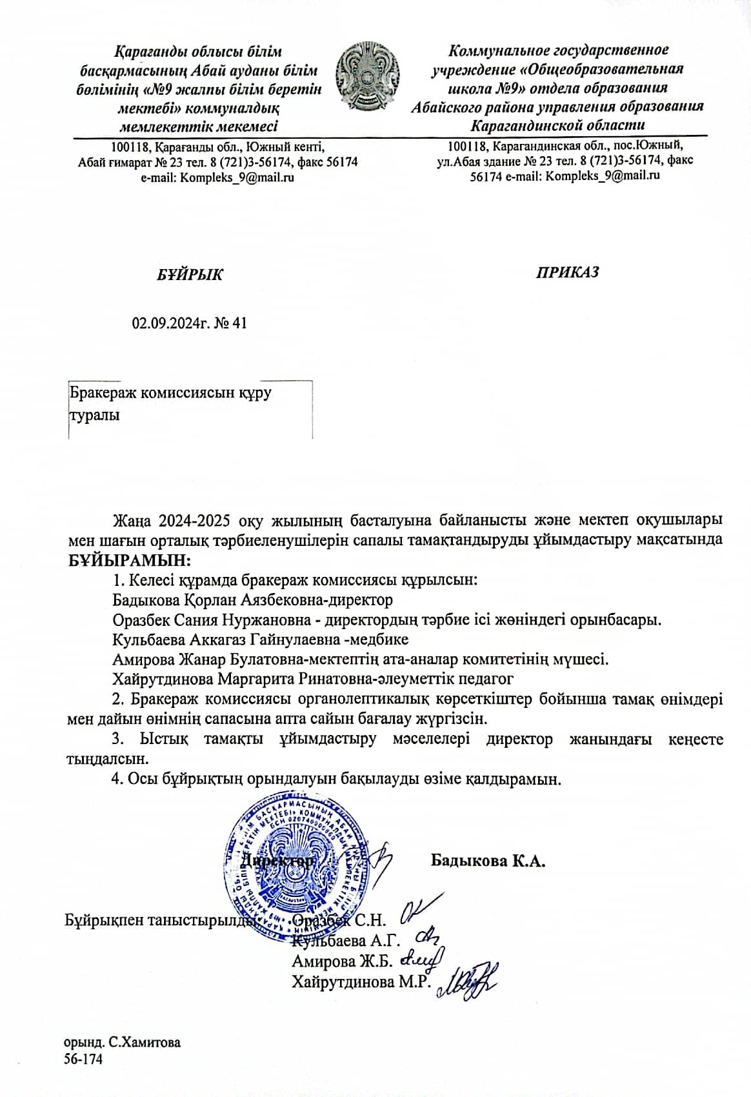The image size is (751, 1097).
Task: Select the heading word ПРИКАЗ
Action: tap(568, 272)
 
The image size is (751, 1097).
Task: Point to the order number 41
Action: tap(239, 323)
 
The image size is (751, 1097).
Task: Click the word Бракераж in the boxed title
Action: tap(102, 392)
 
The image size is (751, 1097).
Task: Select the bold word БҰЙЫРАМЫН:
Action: tap(130, 559)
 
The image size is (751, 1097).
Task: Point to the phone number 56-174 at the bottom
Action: tap(83, 1058)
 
